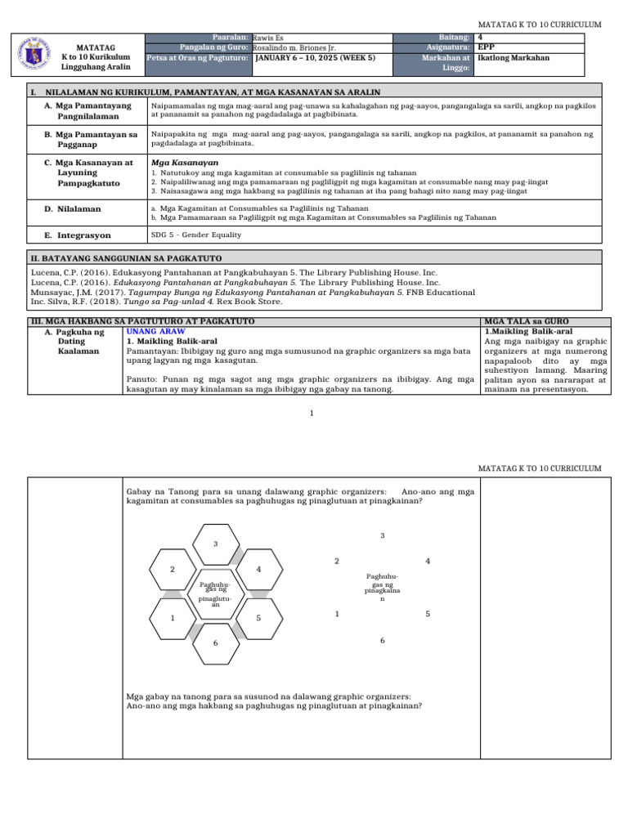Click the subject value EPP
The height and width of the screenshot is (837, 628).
487,47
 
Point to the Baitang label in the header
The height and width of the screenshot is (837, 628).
454,38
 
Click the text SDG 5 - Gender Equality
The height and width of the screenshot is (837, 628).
195,235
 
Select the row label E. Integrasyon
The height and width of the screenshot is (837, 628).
78,235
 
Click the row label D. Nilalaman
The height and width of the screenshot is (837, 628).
73,209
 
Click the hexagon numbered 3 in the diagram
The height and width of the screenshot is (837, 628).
215,544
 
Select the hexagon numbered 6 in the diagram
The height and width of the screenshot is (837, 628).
215,643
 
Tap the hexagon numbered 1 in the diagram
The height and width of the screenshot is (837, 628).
173,618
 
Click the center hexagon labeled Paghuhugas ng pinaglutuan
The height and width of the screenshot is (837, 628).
215,593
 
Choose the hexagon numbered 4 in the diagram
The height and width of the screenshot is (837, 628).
258,569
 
